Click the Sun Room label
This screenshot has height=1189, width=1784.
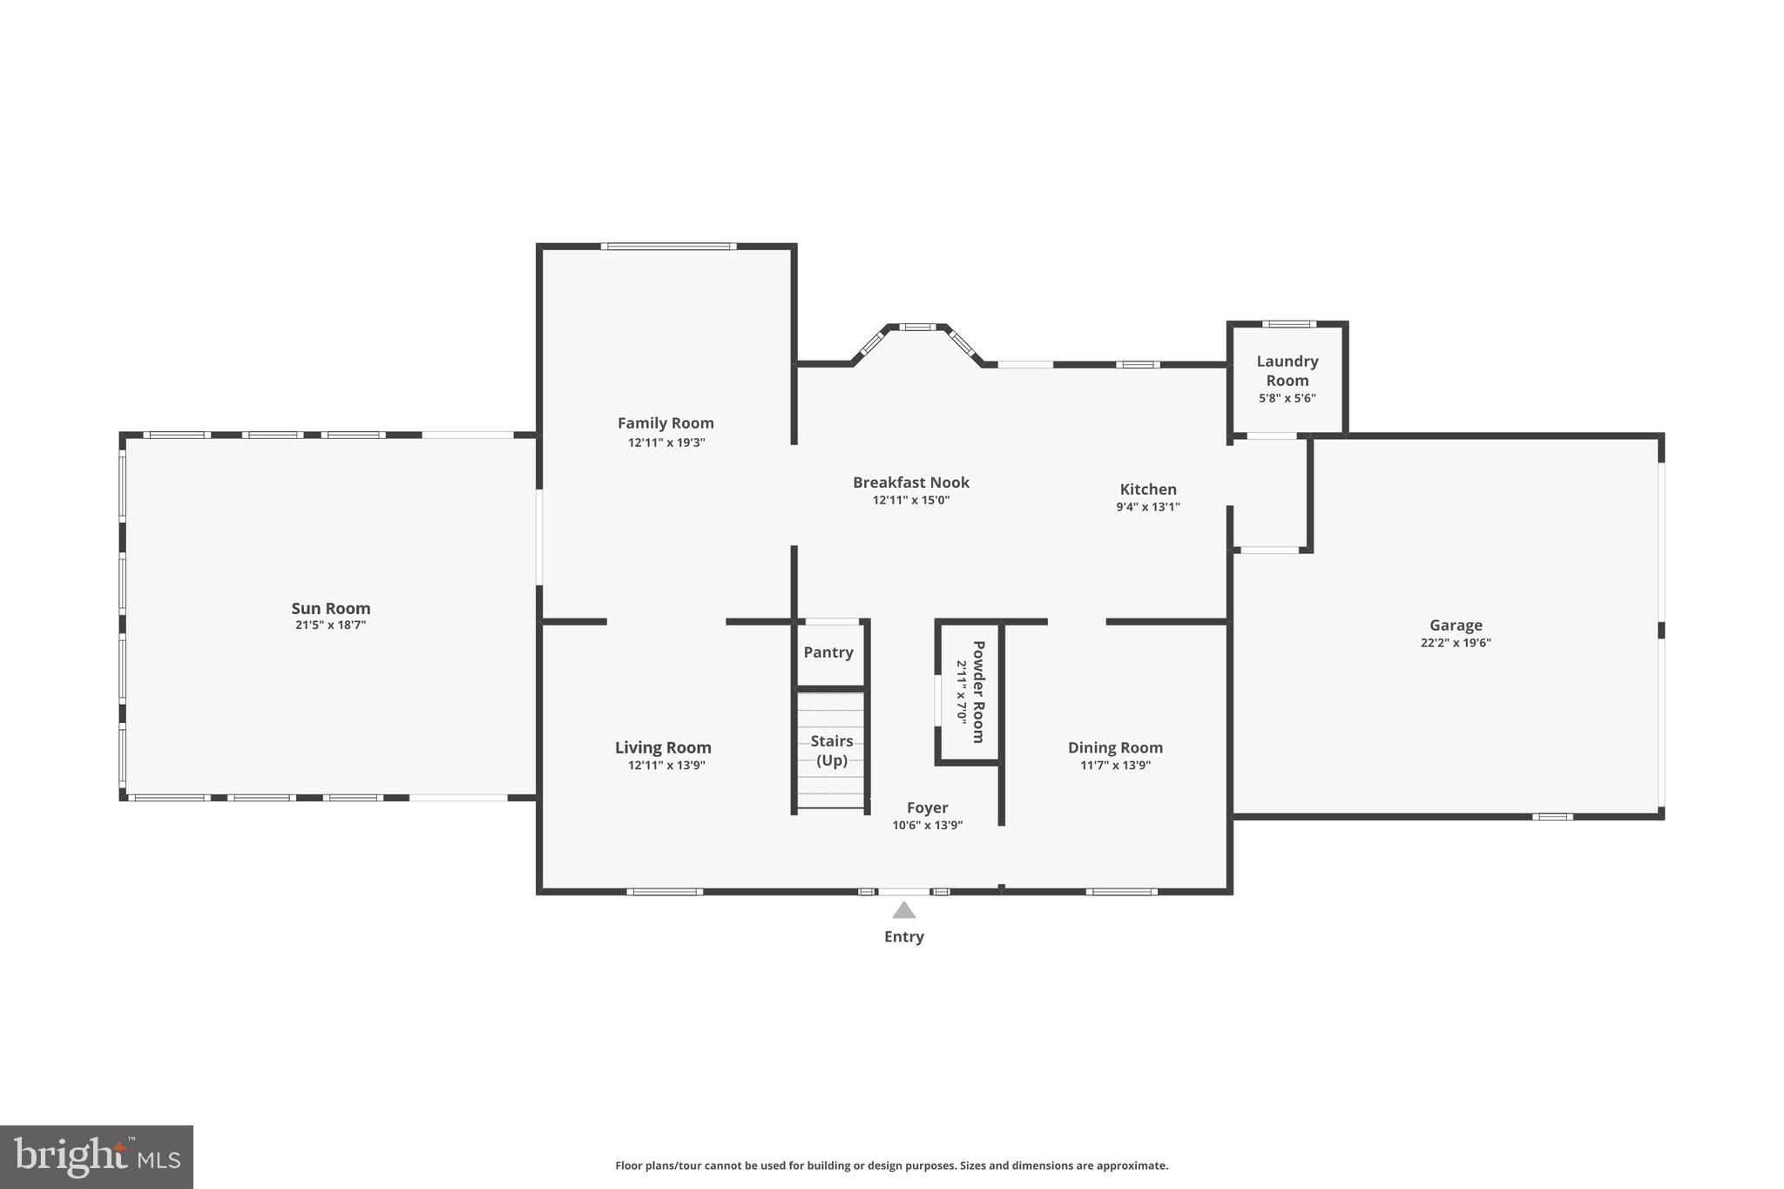point(330,608)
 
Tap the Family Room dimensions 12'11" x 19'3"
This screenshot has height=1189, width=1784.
point(666,442)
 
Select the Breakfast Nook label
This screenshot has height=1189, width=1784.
point(910,483)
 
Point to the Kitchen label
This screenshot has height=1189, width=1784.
point(1147,490)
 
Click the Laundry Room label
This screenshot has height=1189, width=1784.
point(1287,370)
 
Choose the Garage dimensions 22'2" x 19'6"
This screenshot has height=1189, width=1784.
point(1455,644)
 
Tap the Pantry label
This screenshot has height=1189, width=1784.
point(828,652)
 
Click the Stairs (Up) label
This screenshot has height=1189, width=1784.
point(831,750)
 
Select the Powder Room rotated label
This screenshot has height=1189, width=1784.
point(977,692)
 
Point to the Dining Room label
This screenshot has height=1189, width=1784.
point(1115,747)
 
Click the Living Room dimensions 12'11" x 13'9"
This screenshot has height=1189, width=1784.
point(666,766)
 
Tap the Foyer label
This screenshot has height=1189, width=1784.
point(927,807)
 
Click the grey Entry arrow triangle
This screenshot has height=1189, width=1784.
point(903,911)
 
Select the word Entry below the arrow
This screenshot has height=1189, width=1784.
point(903,936)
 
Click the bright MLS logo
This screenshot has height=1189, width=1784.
point(97,1157)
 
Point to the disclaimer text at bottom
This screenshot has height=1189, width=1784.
point(891,1165)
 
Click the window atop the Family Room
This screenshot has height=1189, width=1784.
point(668,247)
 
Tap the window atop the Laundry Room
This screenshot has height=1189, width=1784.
point(1288,324)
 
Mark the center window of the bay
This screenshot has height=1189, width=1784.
point(916,328)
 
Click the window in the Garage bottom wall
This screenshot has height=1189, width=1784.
point(1552,816)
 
